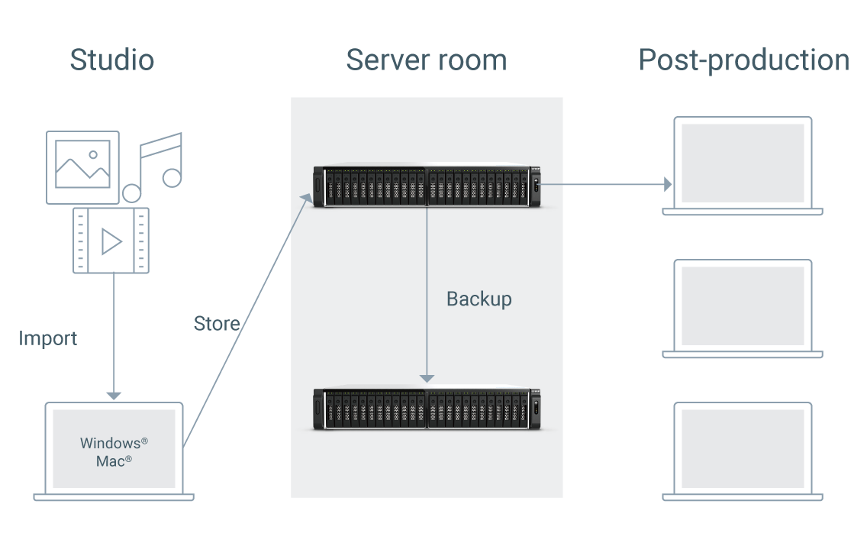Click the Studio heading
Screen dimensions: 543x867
coord(111,60)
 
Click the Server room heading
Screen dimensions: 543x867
coord(426,60)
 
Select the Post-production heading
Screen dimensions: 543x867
coord(743,60)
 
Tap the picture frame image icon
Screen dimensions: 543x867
coord(82,166)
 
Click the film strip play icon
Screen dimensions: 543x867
coord(111,241)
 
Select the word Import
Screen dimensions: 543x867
coord(48,338)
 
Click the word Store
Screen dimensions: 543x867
coord(217,323)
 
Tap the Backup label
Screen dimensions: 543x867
coord(479,299)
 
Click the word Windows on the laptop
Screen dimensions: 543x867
coord(110,444)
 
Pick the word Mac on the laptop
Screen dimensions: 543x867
coord(111,461)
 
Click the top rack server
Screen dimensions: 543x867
coord(427,186)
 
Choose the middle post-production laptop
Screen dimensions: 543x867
coord(742,308)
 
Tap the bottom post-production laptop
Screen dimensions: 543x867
coord(742,451)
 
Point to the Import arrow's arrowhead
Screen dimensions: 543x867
coord(113,395)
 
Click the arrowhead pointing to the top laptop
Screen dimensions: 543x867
coord(668,184)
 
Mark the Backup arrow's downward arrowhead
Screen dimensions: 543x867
coord(427,378)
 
